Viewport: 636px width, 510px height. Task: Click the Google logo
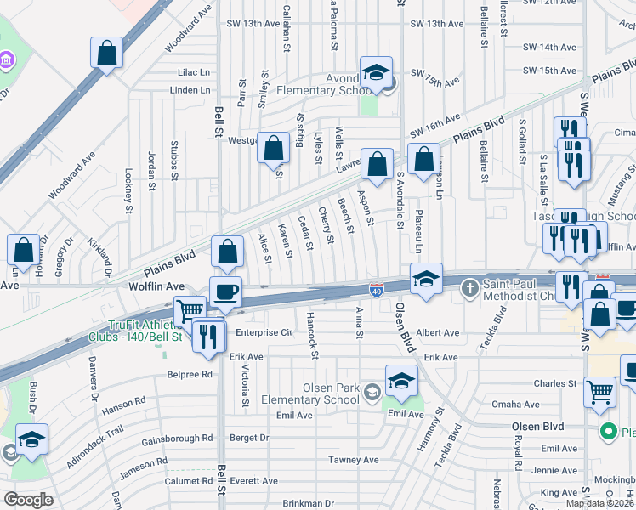[x=29, y=499]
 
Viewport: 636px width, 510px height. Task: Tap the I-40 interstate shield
[x=375, y=290]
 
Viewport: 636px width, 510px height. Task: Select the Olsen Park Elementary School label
[x=318, y=394]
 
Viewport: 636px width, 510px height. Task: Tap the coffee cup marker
[x=225, y=292]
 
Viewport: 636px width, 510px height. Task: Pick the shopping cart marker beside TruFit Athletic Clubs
[x=190, y=311]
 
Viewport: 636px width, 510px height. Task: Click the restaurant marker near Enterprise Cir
[x=208, y=336]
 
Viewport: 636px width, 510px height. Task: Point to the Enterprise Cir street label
[x=264, y=332]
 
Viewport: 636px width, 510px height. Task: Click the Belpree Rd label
[x=189, y=373]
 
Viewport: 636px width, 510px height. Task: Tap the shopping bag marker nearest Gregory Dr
[x=23, y=250]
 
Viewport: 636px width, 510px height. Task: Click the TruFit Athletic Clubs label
[x=146, y=331]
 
